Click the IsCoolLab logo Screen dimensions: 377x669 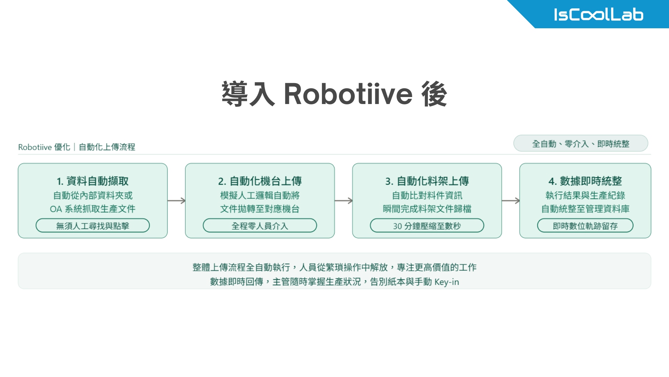[x=598, y=15]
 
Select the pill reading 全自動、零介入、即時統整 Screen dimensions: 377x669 [x=580, y=143]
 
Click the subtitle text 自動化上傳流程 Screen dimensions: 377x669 [x=107, y=147]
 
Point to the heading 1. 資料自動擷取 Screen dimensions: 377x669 [x=93, y=181]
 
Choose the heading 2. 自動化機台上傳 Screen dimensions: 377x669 [x=260, y=181]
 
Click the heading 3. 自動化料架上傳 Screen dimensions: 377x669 [x=427, y=181]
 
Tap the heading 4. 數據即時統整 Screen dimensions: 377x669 [x=585, y=181]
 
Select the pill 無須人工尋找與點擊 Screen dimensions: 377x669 [x=93, y=226]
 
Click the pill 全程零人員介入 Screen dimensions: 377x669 [x=260, y=226]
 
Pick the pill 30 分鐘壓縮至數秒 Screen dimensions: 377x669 [x=427, y=226]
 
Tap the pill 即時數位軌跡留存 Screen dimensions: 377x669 [x=585, y=226]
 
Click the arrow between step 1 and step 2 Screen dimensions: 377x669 [x=176, y=201]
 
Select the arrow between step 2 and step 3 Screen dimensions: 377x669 [x=344, y=201]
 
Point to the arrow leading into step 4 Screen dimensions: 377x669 [x=511, y=201]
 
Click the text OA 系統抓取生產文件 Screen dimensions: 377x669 [x=93, y=209]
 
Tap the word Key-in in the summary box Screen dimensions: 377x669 [x=447, y=282]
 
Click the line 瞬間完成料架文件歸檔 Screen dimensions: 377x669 [x=427, y=209]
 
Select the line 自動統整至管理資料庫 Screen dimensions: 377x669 [x=585, y=209]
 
